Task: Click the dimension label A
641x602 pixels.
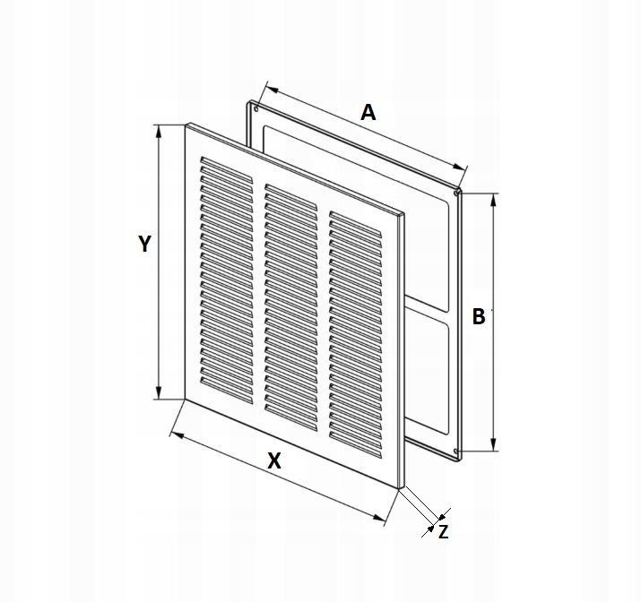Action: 368,113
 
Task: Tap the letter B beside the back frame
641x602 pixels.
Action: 479,316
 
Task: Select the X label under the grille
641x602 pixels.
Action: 275,460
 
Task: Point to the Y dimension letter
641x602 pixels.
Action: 144,244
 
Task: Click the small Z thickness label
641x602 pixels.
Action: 443,531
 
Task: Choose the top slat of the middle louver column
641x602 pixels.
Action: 290,191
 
